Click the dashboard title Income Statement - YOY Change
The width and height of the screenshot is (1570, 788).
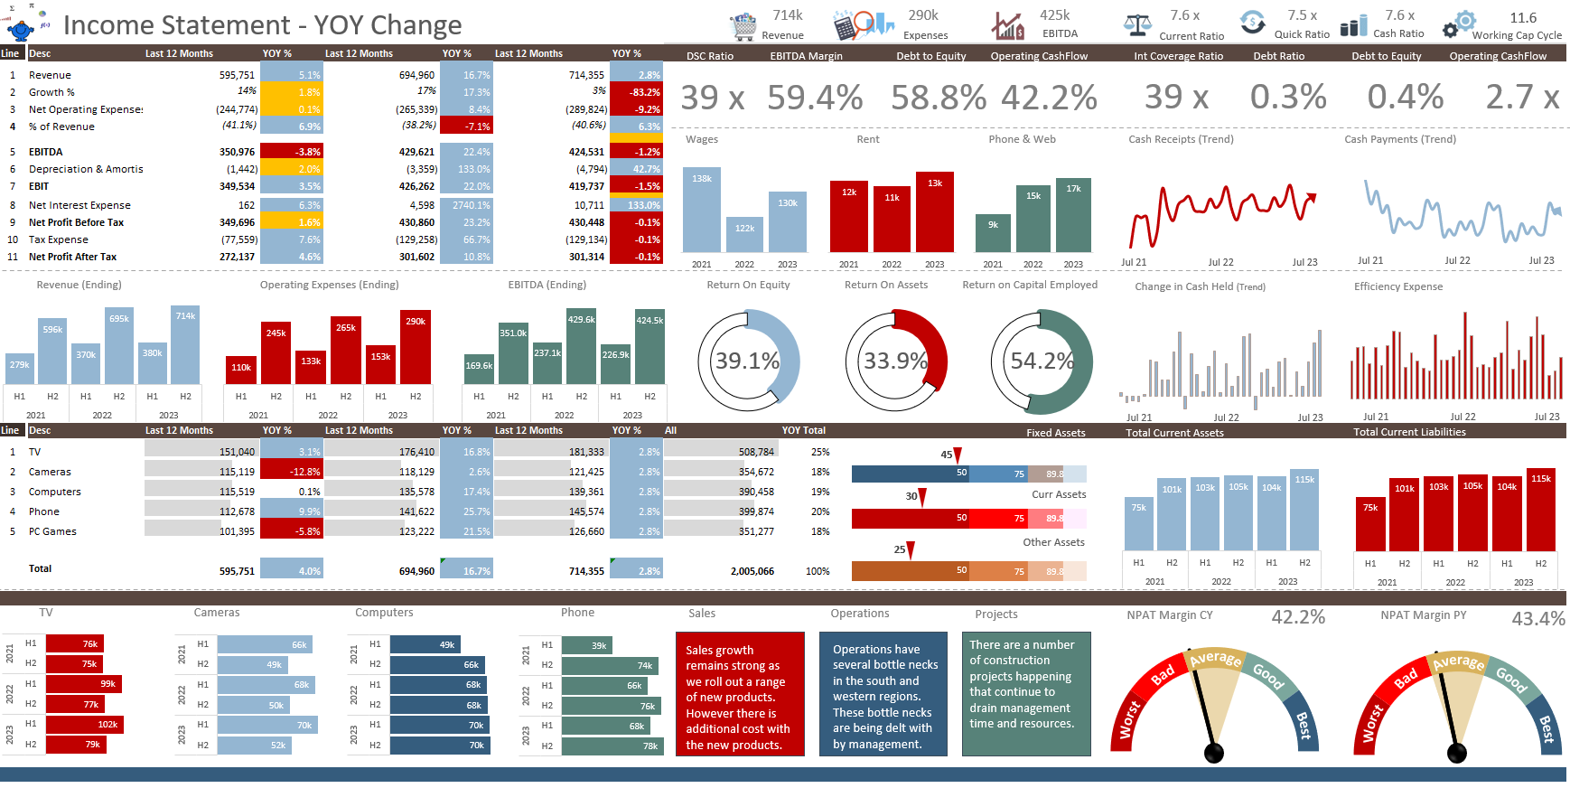(262, 25)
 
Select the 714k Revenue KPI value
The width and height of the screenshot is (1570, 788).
(787, 15)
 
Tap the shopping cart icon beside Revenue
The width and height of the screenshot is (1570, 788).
(743, 26)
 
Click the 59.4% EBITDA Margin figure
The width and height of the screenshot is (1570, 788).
(815, 98)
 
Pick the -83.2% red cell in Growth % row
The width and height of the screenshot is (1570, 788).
(636, 92)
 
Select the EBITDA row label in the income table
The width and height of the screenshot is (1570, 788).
(46, 152)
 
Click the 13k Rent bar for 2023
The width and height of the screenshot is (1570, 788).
(935, 212)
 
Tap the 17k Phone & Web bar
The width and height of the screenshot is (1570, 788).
(1073, 217)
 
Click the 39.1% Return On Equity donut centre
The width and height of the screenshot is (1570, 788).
(747, 361)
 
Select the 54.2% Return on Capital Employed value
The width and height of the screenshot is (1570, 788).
(1042, 361)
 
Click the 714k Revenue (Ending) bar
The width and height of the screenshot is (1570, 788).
(185, 346)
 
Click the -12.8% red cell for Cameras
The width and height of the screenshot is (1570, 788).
(291, 472)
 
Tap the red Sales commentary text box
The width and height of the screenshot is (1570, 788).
(739, 694)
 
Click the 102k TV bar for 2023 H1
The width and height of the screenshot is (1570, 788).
(84, 724)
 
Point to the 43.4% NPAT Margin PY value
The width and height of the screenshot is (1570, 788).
(1537, 619)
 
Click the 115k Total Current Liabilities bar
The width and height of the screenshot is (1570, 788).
(1540, 511)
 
